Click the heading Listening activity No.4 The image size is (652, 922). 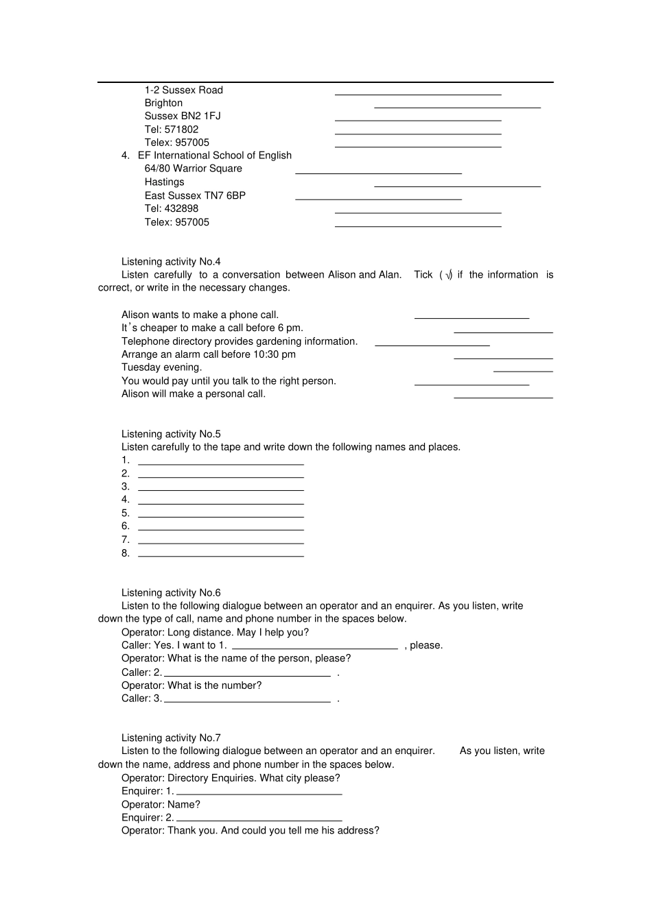click(171, 261)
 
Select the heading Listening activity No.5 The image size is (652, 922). click(171, 434)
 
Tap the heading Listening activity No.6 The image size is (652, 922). click(171, 593)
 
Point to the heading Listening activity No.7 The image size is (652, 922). click(171, 738)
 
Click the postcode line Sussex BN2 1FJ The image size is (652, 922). click(183, 116)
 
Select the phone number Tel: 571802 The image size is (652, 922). click(172, 129)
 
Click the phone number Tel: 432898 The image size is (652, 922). click(172, 208)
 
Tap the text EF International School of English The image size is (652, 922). click(215, 156)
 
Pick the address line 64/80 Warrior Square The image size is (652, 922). click(193, 169)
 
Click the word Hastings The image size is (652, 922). click(164, 182)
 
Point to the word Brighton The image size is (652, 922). click(163, 103)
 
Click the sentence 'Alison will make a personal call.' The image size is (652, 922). click(194, 394)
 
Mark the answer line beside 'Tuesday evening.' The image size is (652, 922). click(523, 371)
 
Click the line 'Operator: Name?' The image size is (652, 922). click(161, 805)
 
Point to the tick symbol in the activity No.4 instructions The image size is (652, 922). click(448, 275)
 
